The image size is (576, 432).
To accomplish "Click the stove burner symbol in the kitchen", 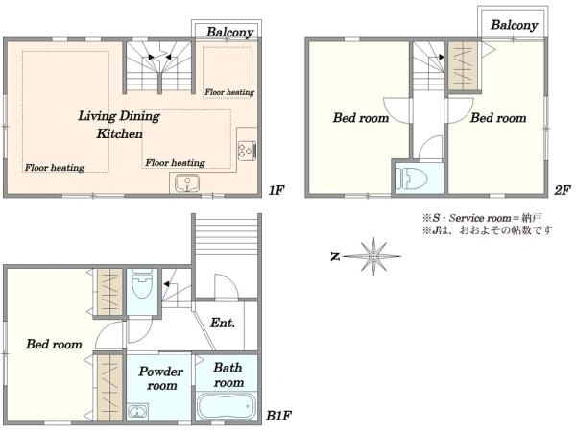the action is pos(247,151).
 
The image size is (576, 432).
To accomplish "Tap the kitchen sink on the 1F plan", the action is pos(187,183).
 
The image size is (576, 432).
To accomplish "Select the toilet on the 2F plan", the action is pos(412,179).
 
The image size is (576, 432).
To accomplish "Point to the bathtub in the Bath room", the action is pos(227,406).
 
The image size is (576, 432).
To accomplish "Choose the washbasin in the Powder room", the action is pos(137,412).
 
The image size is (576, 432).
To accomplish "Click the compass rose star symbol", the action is pos(372,256).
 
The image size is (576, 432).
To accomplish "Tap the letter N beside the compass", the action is pos(335,256).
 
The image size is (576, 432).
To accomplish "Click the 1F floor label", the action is pos(276,190).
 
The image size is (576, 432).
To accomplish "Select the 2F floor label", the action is pos(562,190).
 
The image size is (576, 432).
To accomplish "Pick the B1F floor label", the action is pos(278,416).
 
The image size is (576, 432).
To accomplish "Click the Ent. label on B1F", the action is pos(223,323).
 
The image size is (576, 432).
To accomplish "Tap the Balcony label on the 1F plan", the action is pos(230,33).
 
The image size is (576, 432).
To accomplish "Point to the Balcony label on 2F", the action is pos(515,25).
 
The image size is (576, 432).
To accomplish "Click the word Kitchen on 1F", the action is pos(119,133).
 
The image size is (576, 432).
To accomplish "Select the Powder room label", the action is pos(161,378).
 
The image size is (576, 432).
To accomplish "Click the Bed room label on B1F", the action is pos(54,345).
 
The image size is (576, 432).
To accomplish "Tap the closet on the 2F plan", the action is pos(463,65).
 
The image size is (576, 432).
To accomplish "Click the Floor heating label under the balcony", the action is pos(229,92).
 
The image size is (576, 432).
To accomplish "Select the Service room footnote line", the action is pos(482,218).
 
